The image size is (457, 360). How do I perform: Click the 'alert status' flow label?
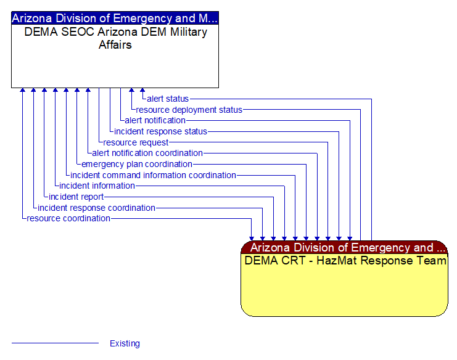[x=168, y=99]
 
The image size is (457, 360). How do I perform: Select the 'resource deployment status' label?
[x=189, y=110]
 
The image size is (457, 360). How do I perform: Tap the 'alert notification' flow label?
[x=155, y=120]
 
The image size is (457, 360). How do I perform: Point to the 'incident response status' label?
[x=160, y=131]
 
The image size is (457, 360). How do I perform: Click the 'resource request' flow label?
[x=136, y=142]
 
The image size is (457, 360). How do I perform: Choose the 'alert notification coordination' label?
[x=147, y=153]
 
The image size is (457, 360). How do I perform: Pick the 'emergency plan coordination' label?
[x=137, y=164]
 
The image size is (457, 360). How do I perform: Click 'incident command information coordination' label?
[x=153, y=175]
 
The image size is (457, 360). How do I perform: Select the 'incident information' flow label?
[x=97, y=186]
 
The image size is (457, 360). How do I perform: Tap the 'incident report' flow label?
[x=76, y=197]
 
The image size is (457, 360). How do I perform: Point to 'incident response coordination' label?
[x=96, y=208]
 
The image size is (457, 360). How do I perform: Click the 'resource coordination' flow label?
[x=68, y=218]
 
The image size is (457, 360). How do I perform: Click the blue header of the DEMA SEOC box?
[x=115, y=18]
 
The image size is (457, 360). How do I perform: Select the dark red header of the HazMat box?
[x=344, y=248]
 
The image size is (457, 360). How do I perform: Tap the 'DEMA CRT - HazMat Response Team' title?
[x=345, y=261]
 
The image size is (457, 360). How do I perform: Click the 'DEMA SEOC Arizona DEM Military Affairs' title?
[x=115, y=38]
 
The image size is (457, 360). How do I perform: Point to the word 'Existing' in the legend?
[x=125, y=344]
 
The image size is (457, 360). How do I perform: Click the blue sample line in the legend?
[x=55, y=343]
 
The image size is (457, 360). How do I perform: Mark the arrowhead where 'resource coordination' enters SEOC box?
[x=23, y=91]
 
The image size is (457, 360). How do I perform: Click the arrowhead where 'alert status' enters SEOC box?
[x=142, y=91]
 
